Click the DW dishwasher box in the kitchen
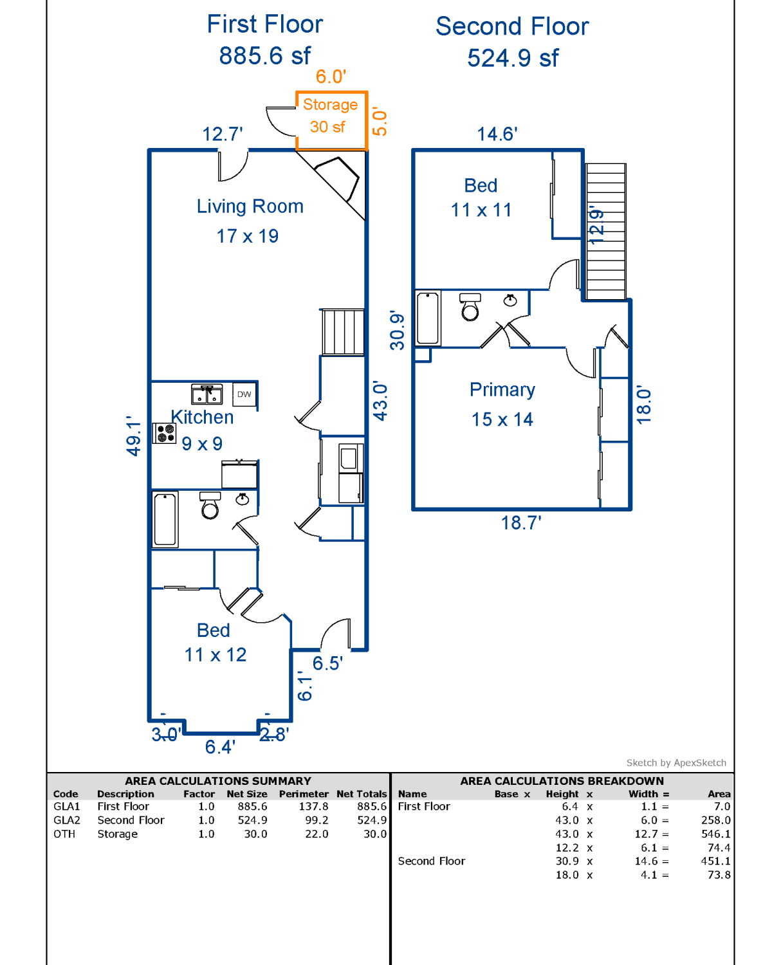coord(244,394)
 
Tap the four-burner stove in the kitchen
coord(164,433)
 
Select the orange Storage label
coord(330,105)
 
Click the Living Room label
coord(250,206)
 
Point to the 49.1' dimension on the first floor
coord(133,436)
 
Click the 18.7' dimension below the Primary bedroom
coord(520,523)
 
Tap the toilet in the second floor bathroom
coord(470,307)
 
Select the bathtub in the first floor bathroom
coord(165,519)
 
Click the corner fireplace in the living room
coord(336,179)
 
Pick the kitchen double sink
coord(207,394)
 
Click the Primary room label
coord(502,390)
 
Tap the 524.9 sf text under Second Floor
coord(513,58)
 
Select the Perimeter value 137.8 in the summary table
coord(313,807)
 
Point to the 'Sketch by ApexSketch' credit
coord(676,763)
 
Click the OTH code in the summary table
coord(64,834)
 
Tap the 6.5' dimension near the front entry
coord(327,663)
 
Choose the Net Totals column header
coord(362,795)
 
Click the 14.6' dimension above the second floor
coord(497,134)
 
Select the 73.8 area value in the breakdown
coord(719,875)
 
